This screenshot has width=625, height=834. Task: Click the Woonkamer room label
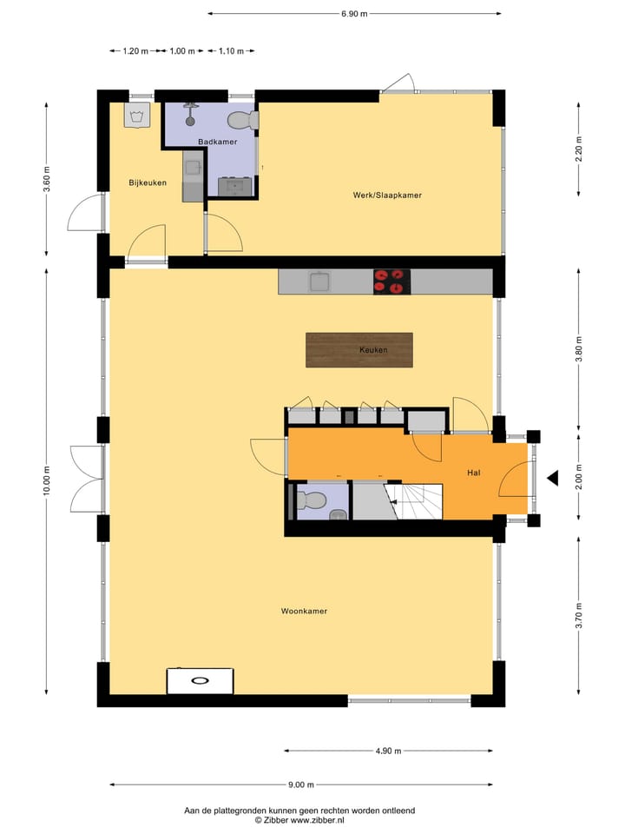304,612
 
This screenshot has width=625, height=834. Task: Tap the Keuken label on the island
373,350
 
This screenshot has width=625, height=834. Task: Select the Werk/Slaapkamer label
387,195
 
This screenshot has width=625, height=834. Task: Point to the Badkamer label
217,142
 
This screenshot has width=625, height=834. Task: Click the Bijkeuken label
148,182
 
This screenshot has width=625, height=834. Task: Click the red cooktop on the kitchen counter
391,281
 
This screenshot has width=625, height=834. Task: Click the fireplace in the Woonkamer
200,680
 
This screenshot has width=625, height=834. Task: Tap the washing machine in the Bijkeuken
136,116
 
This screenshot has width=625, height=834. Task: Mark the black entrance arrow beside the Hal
552,477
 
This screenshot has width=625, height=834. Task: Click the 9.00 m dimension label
301,784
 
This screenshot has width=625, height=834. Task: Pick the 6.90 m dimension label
354,14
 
